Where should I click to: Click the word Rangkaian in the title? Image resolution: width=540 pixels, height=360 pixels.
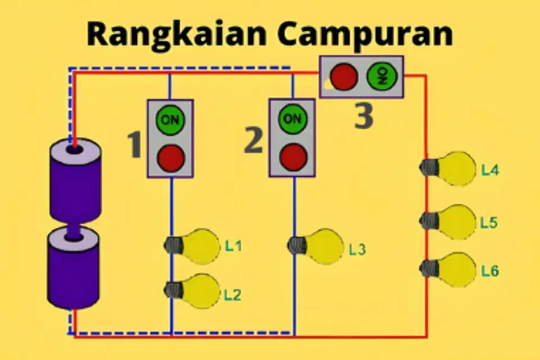tap(176, 34)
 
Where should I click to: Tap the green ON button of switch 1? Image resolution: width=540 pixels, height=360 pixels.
tap(170, 120)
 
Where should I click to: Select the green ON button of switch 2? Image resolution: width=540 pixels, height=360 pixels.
tap(292, 119)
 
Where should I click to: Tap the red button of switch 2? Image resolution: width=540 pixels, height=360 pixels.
tap(294, 157)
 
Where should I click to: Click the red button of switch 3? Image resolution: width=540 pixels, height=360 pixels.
tap(343, 76)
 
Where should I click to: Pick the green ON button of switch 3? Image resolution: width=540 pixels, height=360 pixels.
tap(382, 76)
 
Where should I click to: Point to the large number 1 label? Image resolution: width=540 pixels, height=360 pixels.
tap(134, 146)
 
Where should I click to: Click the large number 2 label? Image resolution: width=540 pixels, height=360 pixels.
tap(254, 139)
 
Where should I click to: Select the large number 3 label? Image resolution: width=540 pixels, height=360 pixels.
tap(364, 116)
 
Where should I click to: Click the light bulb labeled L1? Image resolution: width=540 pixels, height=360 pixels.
tap(192, 246)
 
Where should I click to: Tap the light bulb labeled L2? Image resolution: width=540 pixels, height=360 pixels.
tap(192, 291)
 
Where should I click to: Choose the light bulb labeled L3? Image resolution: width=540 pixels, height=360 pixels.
tap(316, 246)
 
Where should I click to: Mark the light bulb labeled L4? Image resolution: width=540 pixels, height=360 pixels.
tap(448, 168)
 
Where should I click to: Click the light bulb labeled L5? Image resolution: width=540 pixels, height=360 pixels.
tap(448, 222)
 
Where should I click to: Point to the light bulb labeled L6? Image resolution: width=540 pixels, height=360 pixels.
tap(448, 270)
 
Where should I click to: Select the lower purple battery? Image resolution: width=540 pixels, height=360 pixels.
tap(73, 268)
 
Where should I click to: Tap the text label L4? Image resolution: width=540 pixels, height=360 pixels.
tap(490, 170)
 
